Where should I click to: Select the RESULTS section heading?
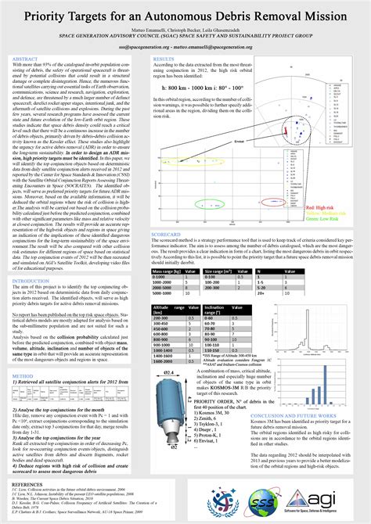(x=163, y=59)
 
